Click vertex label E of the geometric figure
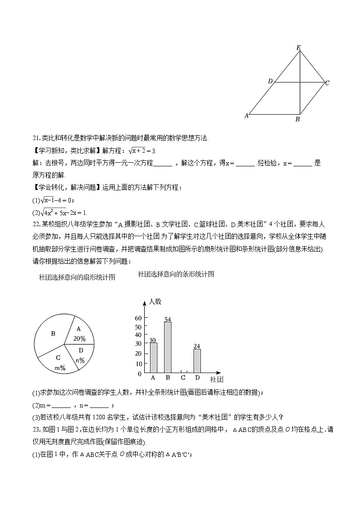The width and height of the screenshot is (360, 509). [298, 47]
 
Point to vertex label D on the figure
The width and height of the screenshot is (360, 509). [270, 81]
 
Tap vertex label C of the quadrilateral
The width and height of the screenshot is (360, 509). [327, 83]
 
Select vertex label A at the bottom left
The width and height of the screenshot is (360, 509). [247, 116]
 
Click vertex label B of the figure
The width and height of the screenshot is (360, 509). [297, 120]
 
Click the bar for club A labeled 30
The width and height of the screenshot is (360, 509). [153, 358]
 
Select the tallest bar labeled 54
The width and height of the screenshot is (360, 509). [167, 347]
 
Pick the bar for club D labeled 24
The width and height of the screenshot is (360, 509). [197, 361]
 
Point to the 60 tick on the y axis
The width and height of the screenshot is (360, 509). [138, 318]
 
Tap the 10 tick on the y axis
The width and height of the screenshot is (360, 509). [138, 364]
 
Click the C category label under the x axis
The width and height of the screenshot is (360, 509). [183, 378]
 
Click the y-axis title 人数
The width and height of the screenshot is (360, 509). [155, 301]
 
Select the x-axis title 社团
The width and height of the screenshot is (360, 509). [216, 379]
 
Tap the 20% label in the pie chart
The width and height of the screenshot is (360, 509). [79, 338]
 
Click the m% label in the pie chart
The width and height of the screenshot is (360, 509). [60, 368]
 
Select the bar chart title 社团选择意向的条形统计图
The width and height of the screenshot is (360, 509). [176, 274]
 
